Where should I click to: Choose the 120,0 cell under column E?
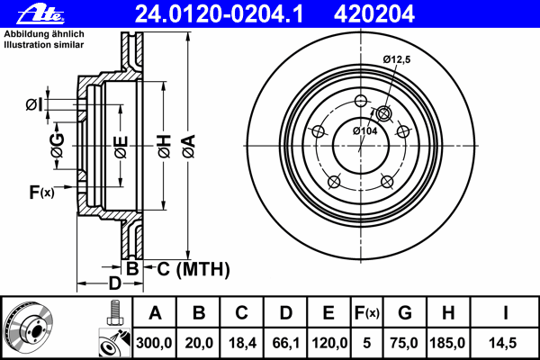coord(329,342)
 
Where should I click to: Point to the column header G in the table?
coord(405,313)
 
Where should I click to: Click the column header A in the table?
coord(156,313)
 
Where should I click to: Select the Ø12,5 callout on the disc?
coord(397,58)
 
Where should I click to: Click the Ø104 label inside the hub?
coord(364,131)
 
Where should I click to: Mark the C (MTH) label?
coord(188,268)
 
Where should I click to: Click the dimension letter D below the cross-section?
coord(114,283)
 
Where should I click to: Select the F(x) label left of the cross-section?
coord(41,192)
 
